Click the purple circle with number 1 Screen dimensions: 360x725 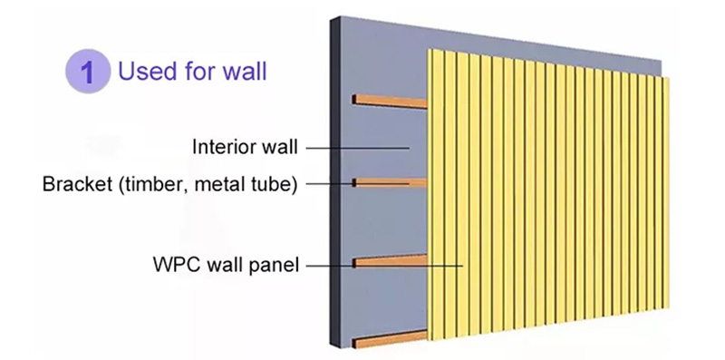tap(87, 72)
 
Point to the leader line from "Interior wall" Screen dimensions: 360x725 tap(358, 147)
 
